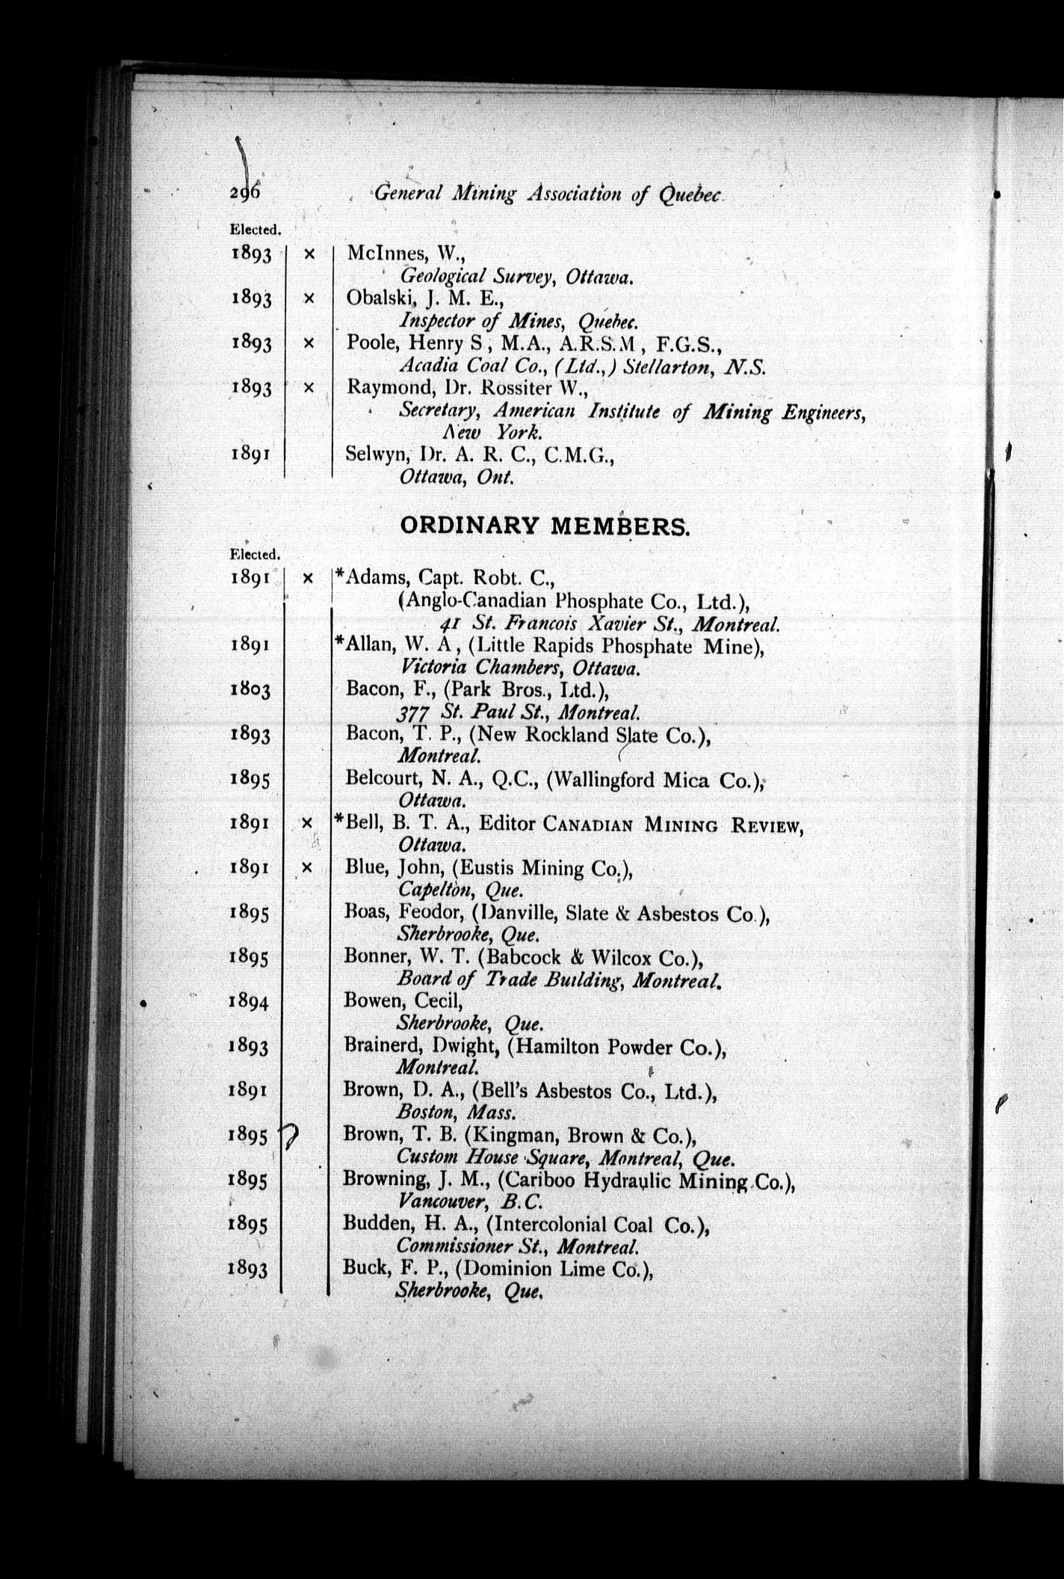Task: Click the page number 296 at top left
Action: click(x=244, y=192)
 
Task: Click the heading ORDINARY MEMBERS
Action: click(x=545, y=526)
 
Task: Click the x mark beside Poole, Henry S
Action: click(x=309, y=343)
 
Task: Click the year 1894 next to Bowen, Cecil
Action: click(x=250, y=1001)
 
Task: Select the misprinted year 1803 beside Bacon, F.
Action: click(x=250, y=689)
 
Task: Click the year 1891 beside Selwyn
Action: click(x=250, y=454)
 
